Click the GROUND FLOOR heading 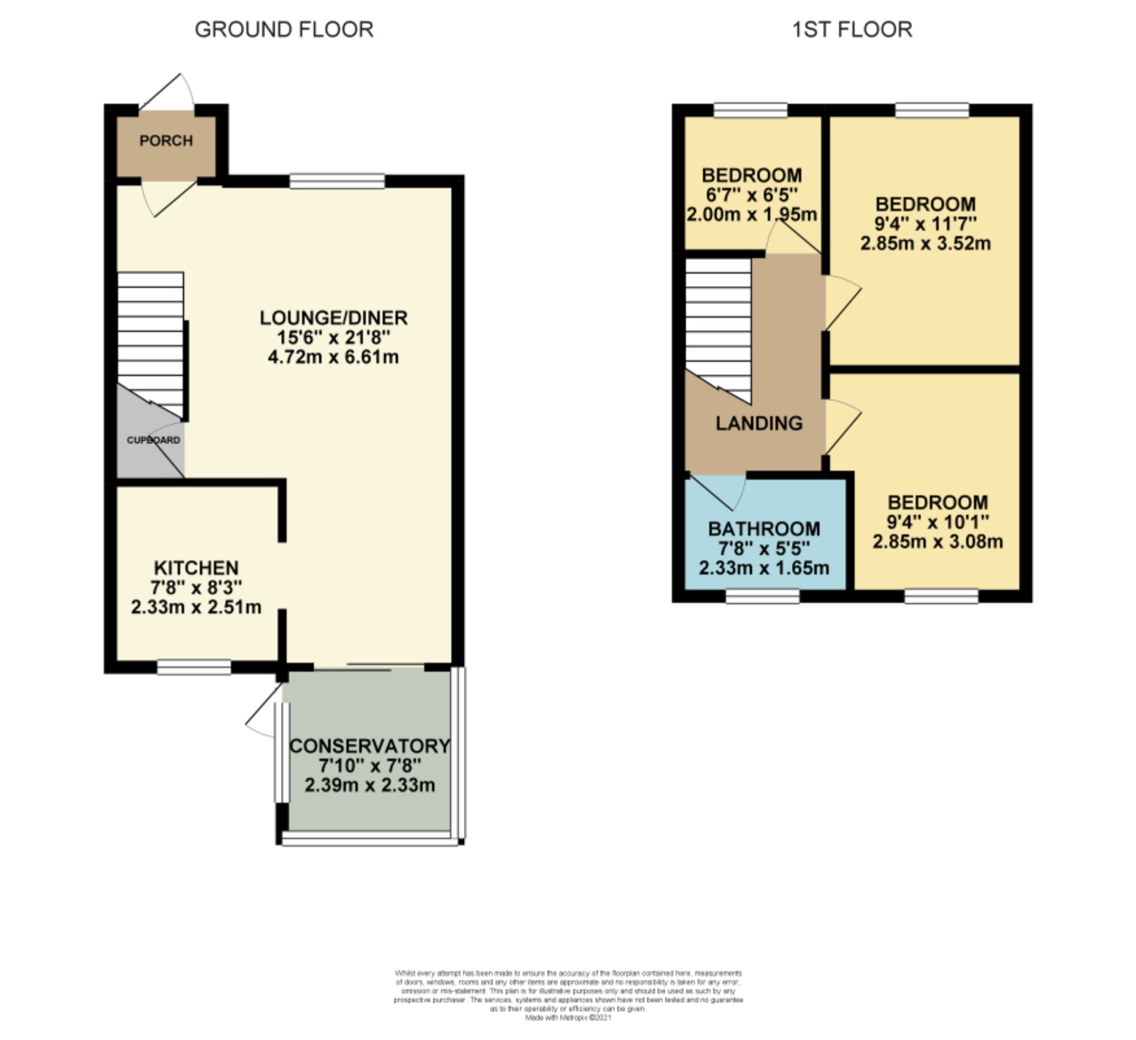click(284, 30)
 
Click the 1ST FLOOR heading click(852, 30)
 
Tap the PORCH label click(166, 141)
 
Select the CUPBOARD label click(153, 440)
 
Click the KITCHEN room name click(196, 568)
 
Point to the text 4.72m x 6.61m click(333, 357)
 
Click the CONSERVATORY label click(369, 746)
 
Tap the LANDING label click(759, 423)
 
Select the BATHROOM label click(764, 529)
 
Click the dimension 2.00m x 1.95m click(752, 215)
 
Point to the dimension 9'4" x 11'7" click(925, 224)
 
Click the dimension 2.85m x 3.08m click(938, 542)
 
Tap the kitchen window click(194, 667)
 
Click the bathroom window click(762, 596)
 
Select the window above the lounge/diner click(337, 181)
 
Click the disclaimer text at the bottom click(568, 995)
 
